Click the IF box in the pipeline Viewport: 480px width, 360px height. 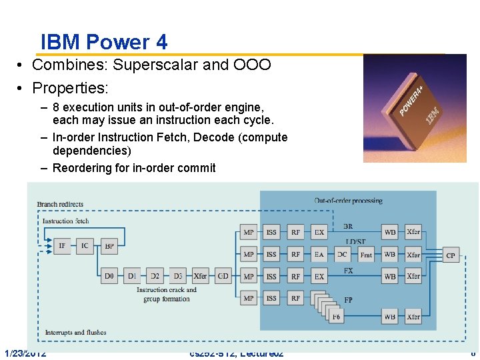62,245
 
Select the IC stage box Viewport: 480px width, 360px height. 85,245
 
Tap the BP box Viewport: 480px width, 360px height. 109,245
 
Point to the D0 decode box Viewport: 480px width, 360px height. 109,276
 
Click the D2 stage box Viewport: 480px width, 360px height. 155,276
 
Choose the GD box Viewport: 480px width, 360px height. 223,276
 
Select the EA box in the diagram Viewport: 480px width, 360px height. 319,255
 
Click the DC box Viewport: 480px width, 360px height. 342,255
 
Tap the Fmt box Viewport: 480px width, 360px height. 366,255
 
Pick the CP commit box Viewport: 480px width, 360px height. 451,255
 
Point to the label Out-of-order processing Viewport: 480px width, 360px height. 348,200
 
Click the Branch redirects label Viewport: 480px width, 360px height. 60,204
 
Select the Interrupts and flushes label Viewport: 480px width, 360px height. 75,332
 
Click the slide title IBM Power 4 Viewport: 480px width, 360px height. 104,43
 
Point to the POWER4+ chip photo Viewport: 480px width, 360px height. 414,108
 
